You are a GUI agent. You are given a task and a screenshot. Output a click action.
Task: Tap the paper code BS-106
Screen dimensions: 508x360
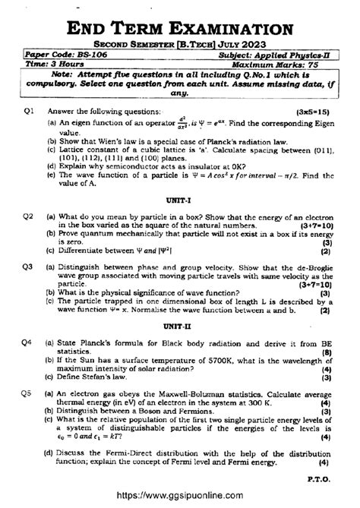tap(93, 55)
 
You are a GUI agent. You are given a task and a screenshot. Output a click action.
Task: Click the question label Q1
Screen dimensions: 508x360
tap(30, 110)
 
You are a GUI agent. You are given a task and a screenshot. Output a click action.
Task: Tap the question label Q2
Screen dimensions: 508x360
tap(30, 216)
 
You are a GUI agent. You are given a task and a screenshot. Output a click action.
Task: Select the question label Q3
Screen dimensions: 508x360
tap(30, 267)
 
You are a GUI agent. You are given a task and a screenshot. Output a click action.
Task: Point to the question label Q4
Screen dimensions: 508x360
tap(30, 342)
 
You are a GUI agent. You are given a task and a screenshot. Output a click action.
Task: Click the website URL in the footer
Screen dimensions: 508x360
tap(180, 494)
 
